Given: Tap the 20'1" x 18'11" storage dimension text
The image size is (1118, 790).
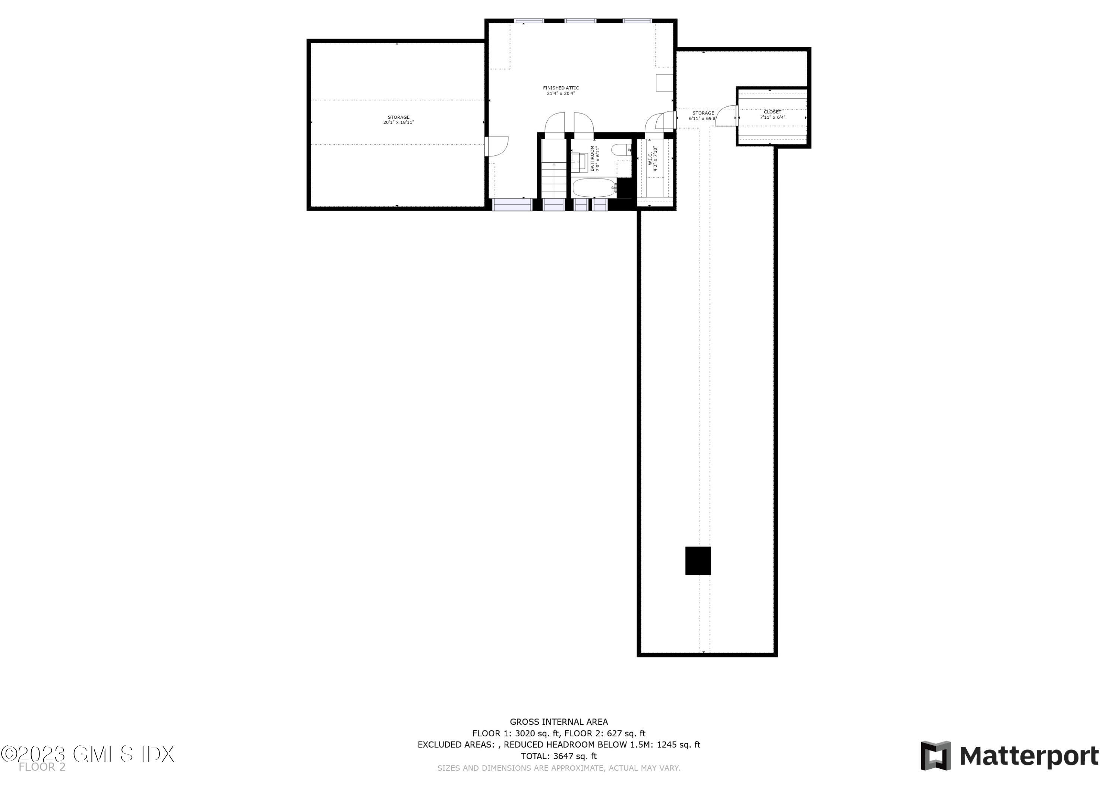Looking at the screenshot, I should pyautogui.click(x=398, y=123).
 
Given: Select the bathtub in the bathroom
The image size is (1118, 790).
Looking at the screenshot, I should pyautogui.click(x=594, y=188).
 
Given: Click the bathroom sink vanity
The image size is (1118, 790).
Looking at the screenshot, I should pyautogui.click(x=578, y=162).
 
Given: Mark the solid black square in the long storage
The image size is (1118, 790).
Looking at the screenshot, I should pyautogui.click(x=698, y=561).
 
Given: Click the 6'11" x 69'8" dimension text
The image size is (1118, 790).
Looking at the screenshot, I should pyautogui.click(x=702, y=119).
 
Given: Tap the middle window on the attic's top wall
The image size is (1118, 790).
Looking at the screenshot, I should pyautogui.click(x=580, y=21).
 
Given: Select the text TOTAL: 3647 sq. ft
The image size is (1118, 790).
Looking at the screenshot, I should pyautogui.click(x=559, y=756).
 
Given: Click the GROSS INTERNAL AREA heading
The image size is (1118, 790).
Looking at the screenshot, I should pyautogui.click(x=559, y=722).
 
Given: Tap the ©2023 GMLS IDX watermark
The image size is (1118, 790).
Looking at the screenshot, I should pyautogui.click(x=88, y=754).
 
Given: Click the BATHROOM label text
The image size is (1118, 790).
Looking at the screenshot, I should pyautogui.click(x=593, y=159).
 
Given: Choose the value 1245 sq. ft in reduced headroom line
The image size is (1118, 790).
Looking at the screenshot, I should pyautogui.click(x=678, y=745).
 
